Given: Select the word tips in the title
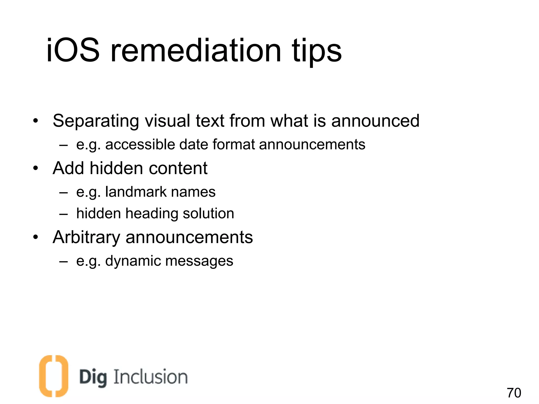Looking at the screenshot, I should (316, 51).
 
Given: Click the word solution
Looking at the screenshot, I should (208, 213).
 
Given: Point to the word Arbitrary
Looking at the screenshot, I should (87, 238).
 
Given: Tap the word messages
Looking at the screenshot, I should (199, 261).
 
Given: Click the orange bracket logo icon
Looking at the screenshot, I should (53, 376).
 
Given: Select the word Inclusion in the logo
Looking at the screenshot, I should (151, 377).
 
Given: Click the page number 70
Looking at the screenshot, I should (514, 393).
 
